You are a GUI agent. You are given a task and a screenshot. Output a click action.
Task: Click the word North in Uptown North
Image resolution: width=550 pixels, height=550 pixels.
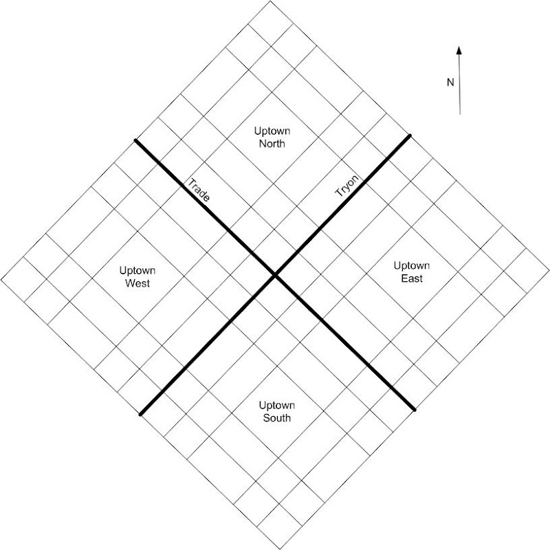[272, 144]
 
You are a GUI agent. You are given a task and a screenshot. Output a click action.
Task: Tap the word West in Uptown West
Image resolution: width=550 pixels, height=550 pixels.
[137, 283]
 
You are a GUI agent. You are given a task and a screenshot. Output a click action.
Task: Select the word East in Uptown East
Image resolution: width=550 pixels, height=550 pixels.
[412, 278]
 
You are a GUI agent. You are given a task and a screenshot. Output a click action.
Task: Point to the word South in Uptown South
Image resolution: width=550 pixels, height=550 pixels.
[277, 418]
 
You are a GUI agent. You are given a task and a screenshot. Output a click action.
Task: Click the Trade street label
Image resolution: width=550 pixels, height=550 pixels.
[199, 190]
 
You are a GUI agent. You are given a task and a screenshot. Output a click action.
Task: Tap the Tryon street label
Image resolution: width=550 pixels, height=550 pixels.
[347, 186]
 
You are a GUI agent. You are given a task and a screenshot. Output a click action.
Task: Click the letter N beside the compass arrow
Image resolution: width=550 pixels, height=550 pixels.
[450, 82]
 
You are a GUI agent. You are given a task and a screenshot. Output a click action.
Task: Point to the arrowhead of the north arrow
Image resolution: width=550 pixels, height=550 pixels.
[459, 50]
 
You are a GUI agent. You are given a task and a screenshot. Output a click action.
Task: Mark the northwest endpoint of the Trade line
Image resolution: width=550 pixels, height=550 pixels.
[135, 141]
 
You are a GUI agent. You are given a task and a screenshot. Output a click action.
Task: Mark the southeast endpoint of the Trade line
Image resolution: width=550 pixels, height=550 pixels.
[415, 409]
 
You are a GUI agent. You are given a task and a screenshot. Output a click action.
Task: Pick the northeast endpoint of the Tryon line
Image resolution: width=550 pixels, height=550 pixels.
[409, 135]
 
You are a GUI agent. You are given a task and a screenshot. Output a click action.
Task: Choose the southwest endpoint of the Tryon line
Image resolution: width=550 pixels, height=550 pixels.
[141, 415]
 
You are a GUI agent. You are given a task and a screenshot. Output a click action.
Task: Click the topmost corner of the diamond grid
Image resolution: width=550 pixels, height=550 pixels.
[270, 1]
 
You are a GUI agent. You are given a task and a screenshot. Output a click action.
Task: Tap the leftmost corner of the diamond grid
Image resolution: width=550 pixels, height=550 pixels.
[1, 280]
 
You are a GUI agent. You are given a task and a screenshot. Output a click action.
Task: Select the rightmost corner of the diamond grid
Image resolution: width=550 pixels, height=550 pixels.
[549, 270]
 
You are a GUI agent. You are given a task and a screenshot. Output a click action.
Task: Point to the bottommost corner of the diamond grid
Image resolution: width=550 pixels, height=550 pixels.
[280, 549]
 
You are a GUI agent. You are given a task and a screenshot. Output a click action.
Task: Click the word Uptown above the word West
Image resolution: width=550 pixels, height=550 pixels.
[137, 271]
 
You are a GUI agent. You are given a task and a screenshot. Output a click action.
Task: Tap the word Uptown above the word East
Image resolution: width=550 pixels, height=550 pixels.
[411, 266]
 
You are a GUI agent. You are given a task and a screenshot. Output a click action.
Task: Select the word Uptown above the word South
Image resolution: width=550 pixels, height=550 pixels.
[277, 406]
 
